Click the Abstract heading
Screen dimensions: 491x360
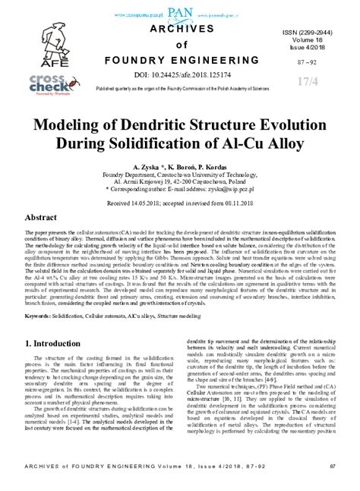click(x=41, y=217)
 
